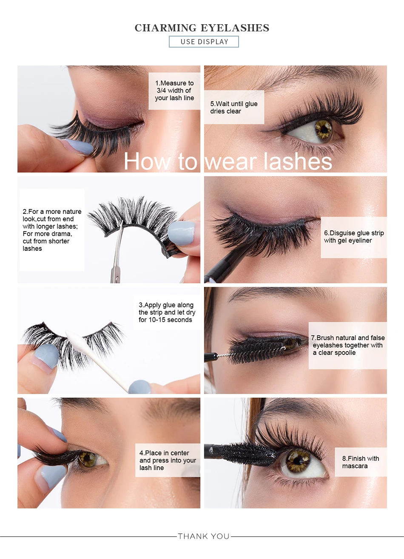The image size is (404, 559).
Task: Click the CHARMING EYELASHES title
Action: (x=202, y=28)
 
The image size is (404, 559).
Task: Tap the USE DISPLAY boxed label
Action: (x=204, y=42)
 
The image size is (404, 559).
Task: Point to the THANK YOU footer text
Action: (x=204, y=536)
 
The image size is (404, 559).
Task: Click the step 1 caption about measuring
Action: (x=174, y=91)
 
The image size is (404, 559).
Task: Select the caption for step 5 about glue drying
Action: (x=234, y=107)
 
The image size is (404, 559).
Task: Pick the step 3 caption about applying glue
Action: (x=167, y=312)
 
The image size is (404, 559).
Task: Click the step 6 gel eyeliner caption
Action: (x=354, y=237)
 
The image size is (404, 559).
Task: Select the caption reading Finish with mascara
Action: (x=360, y=462)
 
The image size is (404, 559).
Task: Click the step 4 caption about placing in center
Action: (x=168, y=460)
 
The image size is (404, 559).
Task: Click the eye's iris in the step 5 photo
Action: (x=324, y=129)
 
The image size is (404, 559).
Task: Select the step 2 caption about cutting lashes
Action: (x=52, y=230)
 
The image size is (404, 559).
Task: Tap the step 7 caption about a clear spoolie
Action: (x=348, y=345)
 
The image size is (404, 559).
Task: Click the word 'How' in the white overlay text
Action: (x=147, y=162)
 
